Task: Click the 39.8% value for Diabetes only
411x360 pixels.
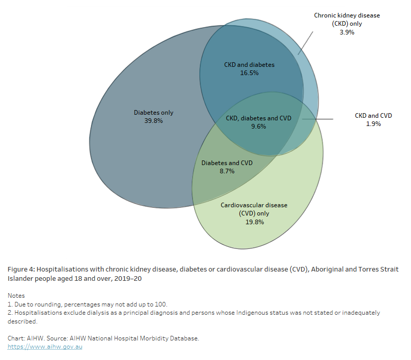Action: (x=154, y=121)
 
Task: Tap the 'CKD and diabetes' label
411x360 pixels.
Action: (x=249, y=65)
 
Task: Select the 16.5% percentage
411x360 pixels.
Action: (x=249, y=73)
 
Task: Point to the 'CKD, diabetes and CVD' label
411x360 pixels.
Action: (x=258, y=118)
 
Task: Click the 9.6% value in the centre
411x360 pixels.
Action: (x=258, y=127)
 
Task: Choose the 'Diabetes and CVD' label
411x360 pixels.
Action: (x=227, y=163)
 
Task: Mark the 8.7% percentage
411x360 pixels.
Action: (x=227, y=171)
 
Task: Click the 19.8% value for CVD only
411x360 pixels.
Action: (x=254, y=222)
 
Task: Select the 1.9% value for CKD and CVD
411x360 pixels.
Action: (x=373, y=124)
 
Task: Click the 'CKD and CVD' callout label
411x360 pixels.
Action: (x=373, y=116)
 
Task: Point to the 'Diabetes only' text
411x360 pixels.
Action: (x=154, y=113)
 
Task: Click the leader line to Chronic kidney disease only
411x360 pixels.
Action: (x=305, y=42)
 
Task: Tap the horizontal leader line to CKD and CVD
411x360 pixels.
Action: (x=319, y=119)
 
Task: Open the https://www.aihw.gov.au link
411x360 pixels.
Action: (x=45, y=347)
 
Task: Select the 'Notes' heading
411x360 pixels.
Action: (x=17, y=296)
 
